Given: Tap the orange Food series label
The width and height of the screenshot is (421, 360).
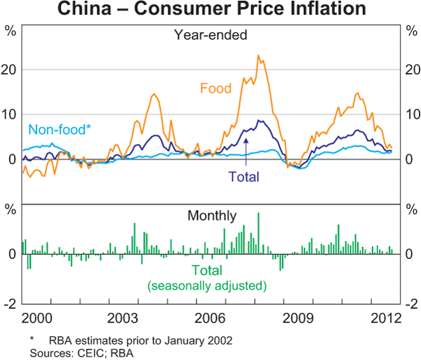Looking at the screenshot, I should [215, 88].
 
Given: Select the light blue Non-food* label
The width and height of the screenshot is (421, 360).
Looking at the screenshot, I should [60, 130].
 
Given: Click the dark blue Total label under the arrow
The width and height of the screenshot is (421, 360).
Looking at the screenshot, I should [243, 178].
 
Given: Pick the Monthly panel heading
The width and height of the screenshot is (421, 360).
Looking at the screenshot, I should [211, 216].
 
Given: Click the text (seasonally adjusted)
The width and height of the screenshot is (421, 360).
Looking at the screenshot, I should [207, 286].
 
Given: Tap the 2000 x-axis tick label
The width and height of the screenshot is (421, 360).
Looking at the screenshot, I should [36, 317].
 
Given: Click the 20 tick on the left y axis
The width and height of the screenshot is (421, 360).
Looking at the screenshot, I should [10, 69].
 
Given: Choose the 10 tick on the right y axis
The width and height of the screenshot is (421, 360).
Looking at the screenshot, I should [412, 114].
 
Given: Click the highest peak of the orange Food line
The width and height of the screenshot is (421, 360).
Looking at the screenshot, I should [258, 55].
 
